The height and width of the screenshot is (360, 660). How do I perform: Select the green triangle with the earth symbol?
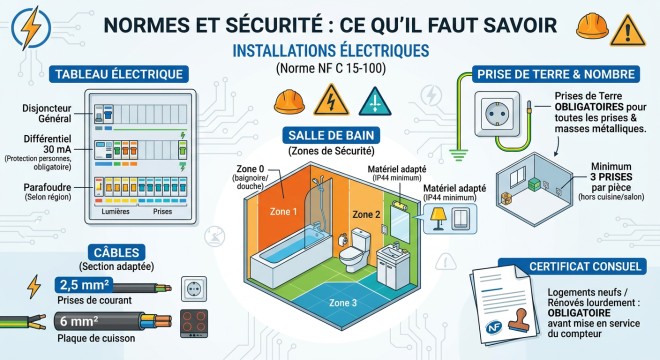[x=370, y=101]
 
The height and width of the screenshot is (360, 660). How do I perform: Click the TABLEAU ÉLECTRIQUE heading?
[x=120, y=74]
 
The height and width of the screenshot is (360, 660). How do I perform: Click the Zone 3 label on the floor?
[x=342, y=302]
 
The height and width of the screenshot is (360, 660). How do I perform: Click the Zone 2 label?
[x=365, y=214]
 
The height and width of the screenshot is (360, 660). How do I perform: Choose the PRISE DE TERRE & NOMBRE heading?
[x=556, y=74]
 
